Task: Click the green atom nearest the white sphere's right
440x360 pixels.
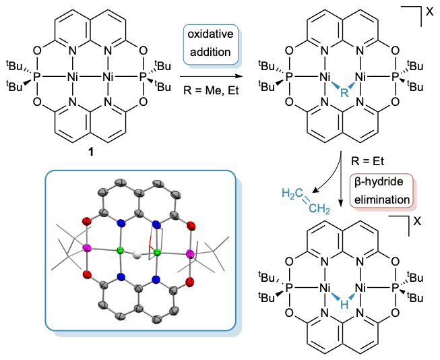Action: (x=156, y=253)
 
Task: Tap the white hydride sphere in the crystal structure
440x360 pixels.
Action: (x=139, y=255)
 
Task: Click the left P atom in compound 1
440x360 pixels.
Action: (x=37, y=78)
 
